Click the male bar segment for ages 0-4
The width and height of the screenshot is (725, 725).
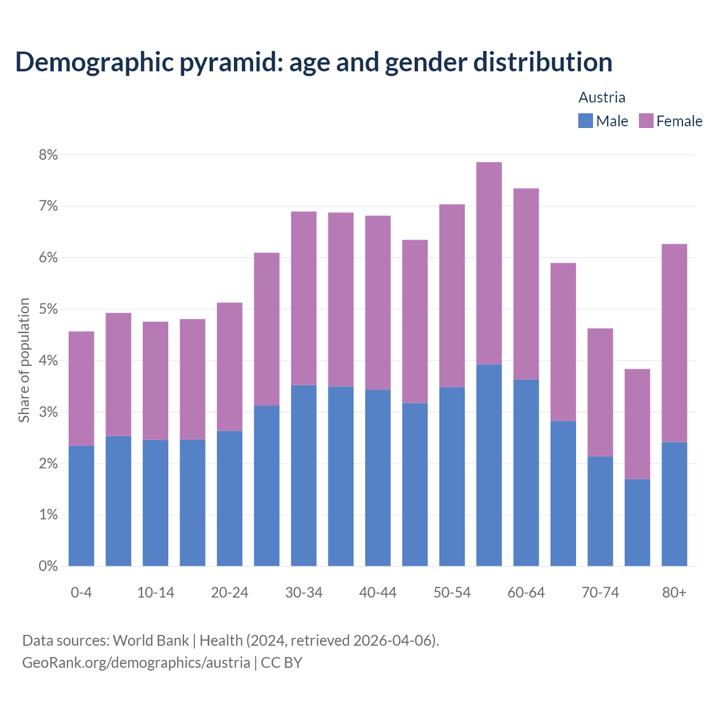tap(82, 506)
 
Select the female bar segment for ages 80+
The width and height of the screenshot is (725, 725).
tap(674, 343)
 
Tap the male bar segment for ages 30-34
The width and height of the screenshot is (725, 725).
tap(304, 475)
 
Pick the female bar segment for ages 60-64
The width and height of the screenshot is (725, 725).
tap(526, 283)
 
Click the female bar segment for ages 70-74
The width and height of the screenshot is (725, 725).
tap(600, 392)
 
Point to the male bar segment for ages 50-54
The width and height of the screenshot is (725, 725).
tap(452, 476)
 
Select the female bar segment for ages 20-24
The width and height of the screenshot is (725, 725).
tap(229, 366)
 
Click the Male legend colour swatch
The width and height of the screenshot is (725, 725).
tap(585, 121)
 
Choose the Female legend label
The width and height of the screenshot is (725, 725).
tap(679, 121)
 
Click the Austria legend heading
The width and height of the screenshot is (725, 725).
tap(602, 97)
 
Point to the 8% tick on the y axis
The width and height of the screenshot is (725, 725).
tap(48, 155)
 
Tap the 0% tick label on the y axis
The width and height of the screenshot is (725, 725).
tap(48, 566)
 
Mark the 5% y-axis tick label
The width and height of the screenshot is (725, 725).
tap(48, 309)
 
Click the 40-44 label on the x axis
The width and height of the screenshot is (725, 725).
tap(378, 592)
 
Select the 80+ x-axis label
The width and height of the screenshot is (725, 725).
tap(674, 592)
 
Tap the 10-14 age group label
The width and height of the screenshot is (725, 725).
tap(155, 592)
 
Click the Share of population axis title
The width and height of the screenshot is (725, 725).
tap(24, 360)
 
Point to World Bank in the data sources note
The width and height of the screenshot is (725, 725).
tap(151, 641)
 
